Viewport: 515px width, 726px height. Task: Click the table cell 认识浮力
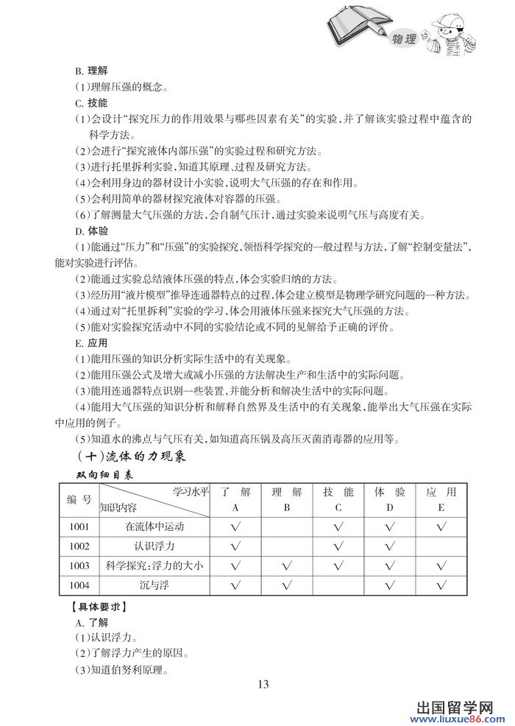(154, 546)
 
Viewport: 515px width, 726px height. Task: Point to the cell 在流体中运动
(154, 527)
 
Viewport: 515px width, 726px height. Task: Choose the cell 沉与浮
(154, 585)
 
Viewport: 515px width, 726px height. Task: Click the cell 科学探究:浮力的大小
(154, 566)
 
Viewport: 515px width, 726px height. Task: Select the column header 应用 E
(441, 499)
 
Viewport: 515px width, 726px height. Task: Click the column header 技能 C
(338, 499)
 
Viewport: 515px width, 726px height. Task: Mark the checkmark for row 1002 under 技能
(338, 546)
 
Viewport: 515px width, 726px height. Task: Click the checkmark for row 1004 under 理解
(287, 585)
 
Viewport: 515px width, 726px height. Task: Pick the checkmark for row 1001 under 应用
(441, 527)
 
